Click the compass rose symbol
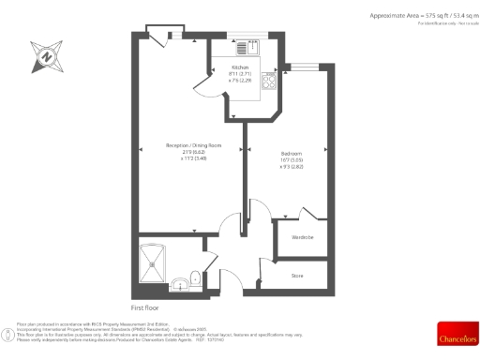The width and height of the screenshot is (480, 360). coord(44,55)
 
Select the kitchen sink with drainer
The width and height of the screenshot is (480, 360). coord(247,48)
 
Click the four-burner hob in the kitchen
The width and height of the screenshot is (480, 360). coord(270,82)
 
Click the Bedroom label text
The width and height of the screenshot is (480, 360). coord(291,153)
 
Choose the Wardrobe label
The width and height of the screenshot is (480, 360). coord(302,238)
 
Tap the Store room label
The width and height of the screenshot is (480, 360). coord(298,275)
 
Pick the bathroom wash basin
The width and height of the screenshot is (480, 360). coord(177,280)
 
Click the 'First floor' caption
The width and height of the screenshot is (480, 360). coord(146,307)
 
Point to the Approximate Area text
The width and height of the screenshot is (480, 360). coord(410,16)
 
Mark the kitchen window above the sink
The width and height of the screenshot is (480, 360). coord(248,37)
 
